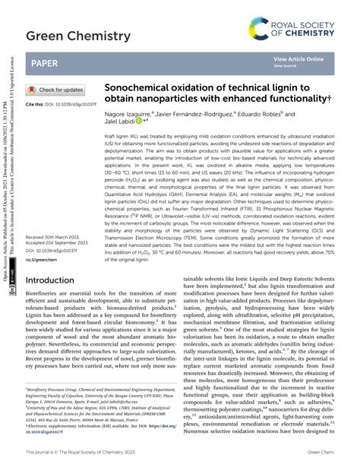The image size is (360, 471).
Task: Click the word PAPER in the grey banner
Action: coord(46,65)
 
